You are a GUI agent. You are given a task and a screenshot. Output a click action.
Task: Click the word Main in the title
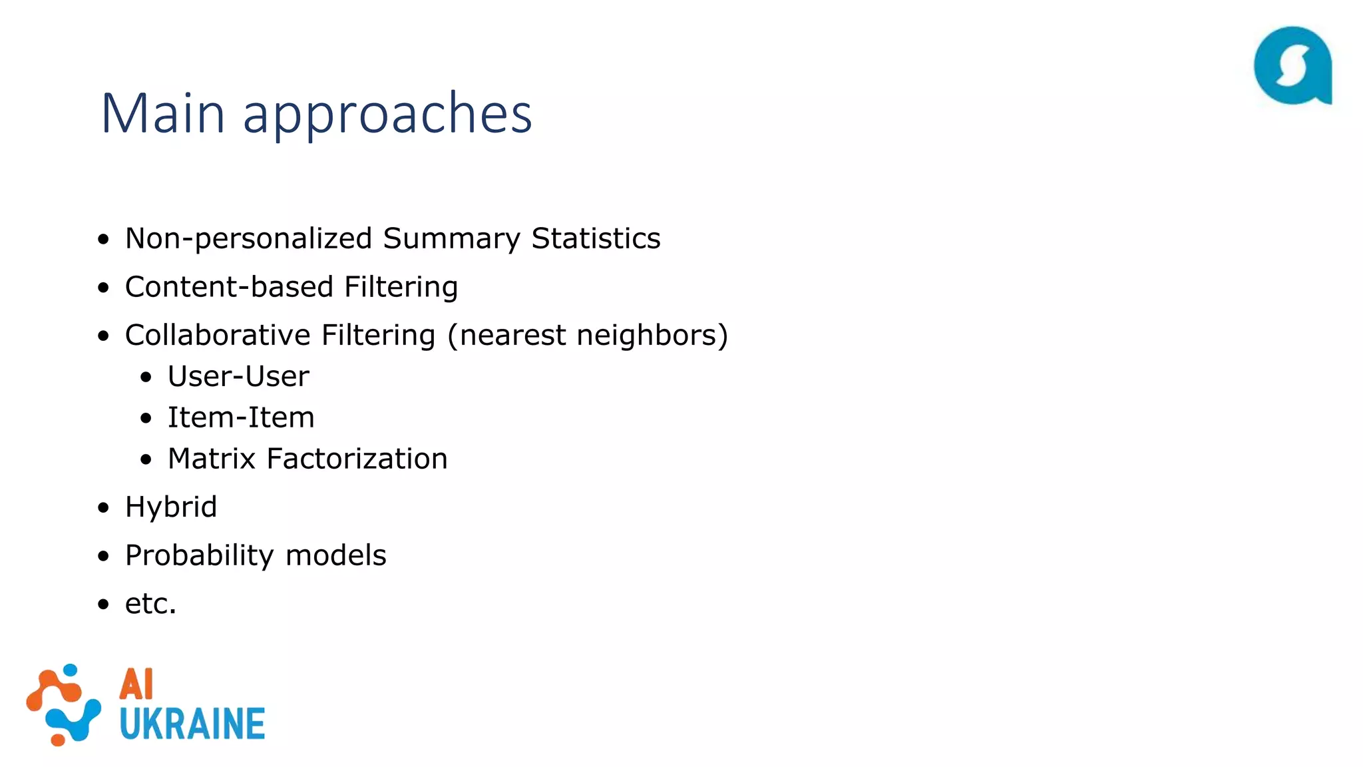tap(162, 113)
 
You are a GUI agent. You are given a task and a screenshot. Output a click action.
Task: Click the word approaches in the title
tap(387, 115)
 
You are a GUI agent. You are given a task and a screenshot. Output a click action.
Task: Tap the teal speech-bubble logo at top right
tap(1292, 65)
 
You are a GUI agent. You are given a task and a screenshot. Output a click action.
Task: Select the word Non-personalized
tap(248, 238)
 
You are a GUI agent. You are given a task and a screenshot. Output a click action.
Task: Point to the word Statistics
tap(596, 238)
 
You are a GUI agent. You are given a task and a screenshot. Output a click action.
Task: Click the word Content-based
tap(229, 287)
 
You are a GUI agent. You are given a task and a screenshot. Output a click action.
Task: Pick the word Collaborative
tap(218, 335)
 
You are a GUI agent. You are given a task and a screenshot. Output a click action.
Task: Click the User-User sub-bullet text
tap(238, 377)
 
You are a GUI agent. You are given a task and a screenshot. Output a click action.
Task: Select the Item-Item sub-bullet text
tap(241, 418)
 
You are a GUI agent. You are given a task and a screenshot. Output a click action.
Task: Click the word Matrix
tap(212, 459)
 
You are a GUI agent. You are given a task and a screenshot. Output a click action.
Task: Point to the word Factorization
tap(357, 459)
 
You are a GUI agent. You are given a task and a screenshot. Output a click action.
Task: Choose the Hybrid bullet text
tap(171, 507)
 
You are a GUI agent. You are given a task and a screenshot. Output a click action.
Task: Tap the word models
tap(336, 556)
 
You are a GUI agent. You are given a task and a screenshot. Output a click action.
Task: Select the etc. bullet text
tap(150, 604)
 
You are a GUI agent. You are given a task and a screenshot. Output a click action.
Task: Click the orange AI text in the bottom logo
tap(136, 684)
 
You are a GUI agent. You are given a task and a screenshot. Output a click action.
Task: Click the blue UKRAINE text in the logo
tap(192, 724)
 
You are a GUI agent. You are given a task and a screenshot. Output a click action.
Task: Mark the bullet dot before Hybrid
tap(103, 508)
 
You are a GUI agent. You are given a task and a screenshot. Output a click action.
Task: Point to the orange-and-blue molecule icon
tap(63, 704)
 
